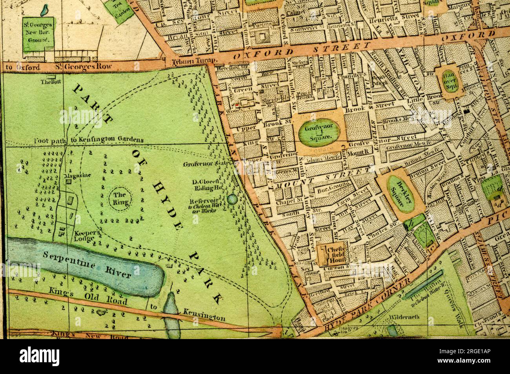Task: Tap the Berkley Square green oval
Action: click(401, 194)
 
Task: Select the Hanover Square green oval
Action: click(450, 81)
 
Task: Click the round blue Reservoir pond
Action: click(232, 199)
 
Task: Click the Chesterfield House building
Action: click(331, 254)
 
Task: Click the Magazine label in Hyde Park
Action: click(77, 175)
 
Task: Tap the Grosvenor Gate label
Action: click(203, 164)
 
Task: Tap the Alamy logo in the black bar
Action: click(39, 356)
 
